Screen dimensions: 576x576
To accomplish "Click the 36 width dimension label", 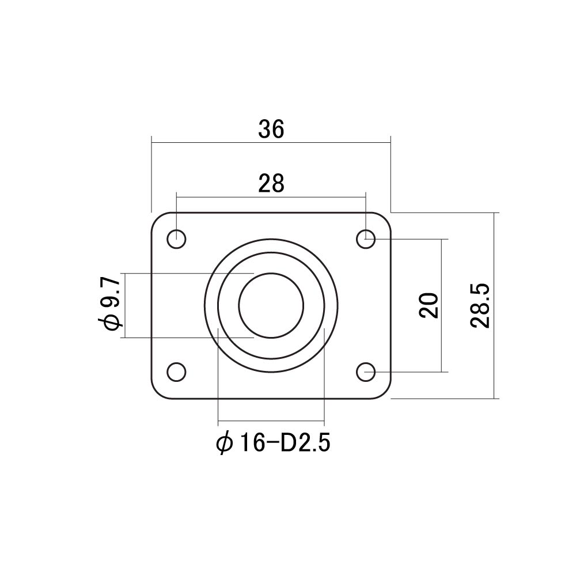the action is (x=271, y=129).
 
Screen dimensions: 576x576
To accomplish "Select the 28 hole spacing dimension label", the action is (x=271, y=184).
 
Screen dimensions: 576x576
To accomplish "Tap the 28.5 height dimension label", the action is (x=480, y=305).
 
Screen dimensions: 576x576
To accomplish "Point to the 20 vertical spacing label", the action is (x=429, y=305).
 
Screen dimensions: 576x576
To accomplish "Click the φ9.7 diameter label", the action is (x=109, y=304).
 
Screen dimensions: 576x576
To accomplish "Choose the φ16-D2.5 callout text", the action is (x=273, y=443).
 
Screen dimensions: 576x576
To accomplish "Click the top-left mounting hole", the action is (x=177, y=239).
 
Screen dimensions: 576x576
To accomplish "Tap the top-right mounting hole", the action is (x=366, y=239).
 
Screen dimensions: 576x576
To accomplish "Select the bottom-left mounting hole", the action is (x=177, y=372).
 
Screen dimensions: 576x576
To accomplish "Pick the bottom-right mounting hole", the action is (x=366, y=372).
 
